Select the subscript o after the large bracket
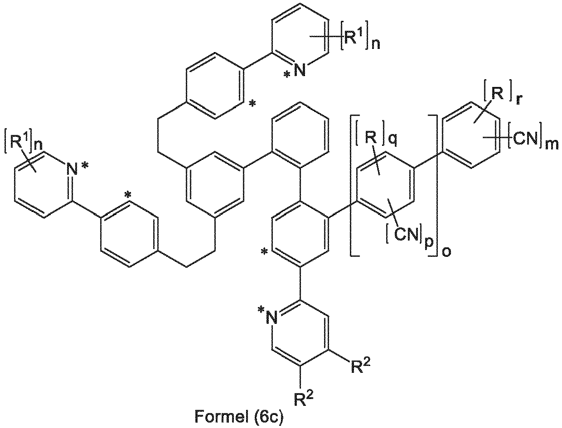pos(446,252)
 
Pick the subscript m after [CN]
pos(552,145)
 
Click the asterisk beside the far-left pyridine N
pos(85,165)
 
